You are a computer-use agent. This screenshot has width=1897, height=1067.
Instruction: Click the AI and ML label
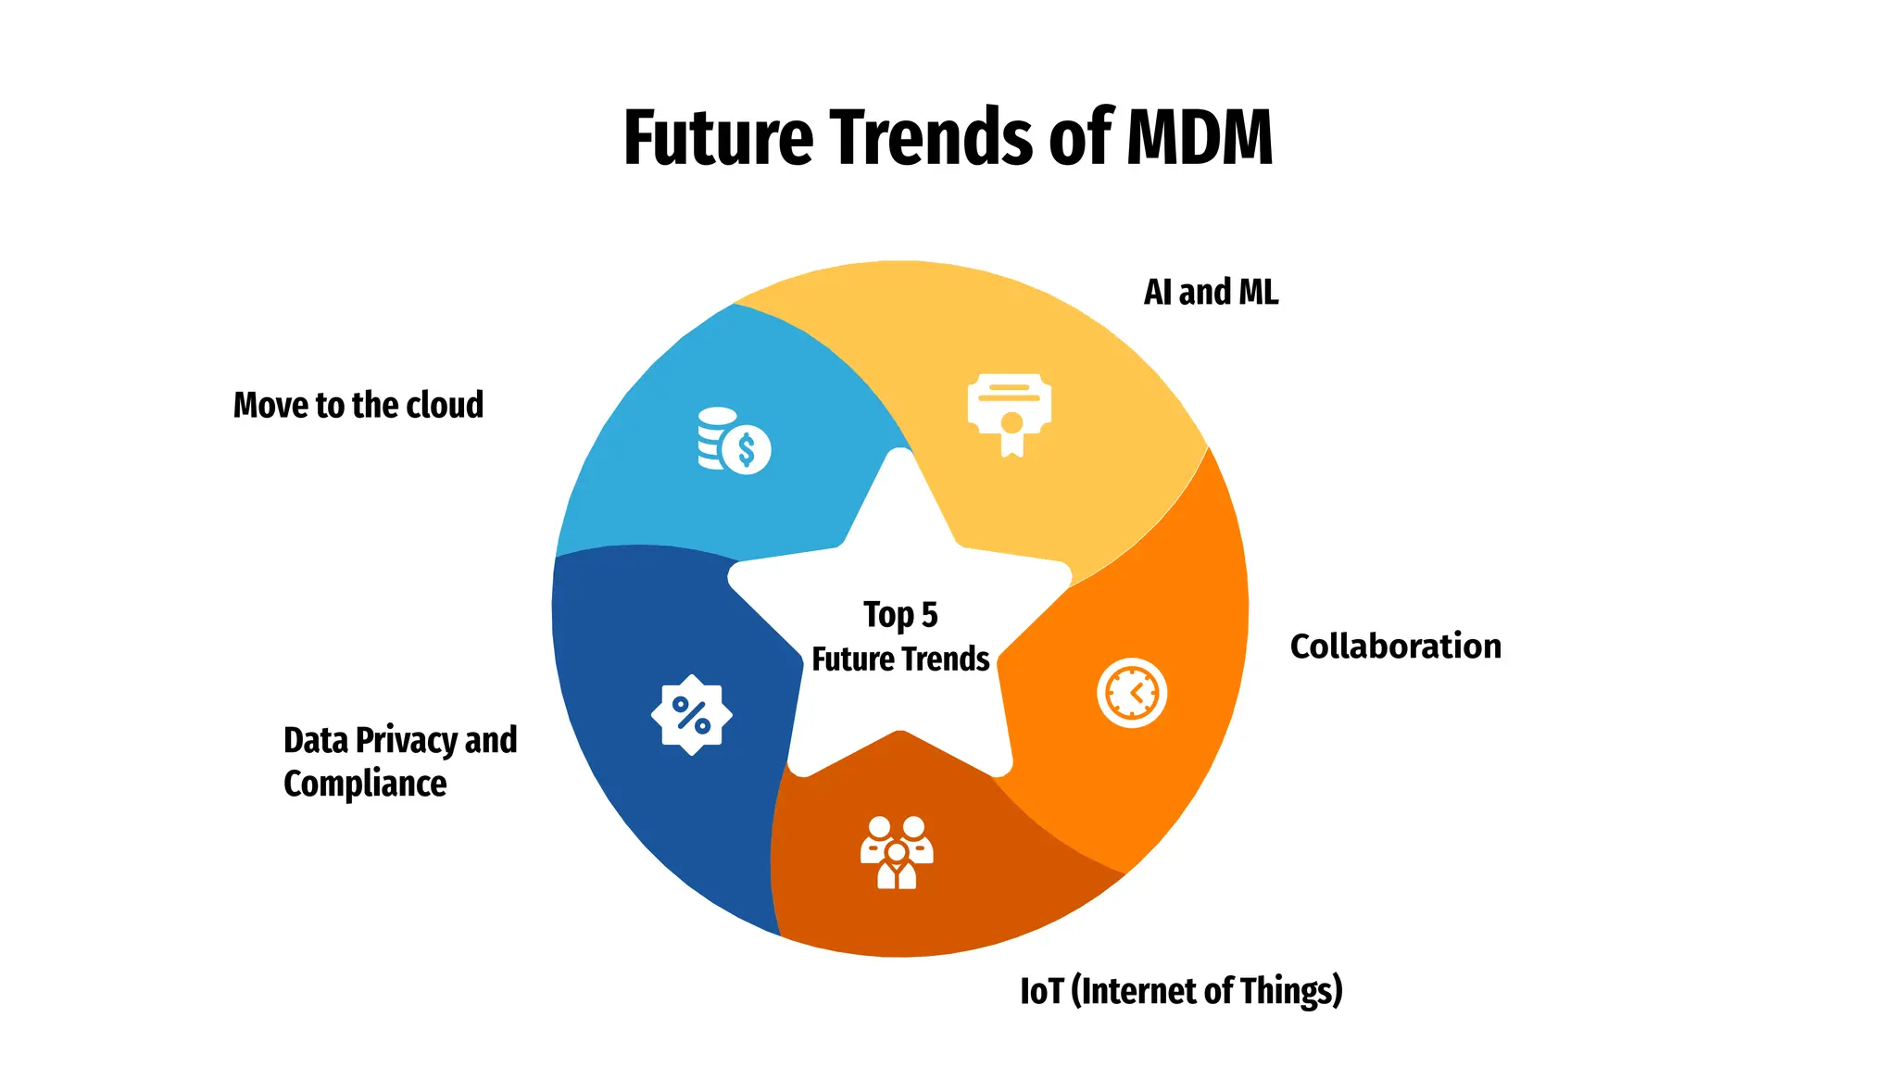[x=1211, y=293]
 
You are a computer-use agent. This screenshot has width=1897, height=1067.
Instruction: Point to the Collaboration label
[x=1395, y=646]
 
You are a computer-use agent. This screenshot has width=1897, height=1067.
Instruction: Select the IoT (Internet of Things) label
[x=1181, y=991]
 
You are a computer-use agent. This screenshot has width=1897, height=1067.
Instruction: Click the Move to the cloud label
[x=358, y=406]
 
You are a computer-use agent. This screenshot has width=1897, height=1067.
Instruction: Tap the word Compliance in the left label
[x=365, y=785]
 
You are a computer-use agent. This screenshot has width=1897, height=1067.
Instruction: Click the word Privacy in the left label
[x=407, y=740]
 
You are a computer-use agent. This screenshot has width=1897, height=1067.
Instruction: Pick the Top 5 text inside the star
[x=900, y=615]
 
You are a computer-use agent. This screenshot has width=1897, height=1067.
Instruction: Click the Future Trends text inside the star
[x=900, y=659]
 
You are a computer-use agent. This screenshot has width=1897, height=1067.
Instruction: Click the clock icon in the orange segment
[x=1132, y=693]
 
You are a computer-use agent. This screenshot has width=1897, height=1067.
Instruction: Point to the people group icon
[x=897, y=852]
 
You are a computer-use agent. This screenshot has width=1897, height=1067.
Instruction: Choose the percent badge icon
[x=691, y=715]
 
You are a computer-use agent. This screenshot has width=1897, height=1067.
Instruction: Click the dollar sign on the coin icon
[x=747, y=451]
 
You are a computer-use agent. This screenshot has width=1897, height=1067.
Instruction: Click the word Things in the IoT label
[x=1291, y=991]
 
